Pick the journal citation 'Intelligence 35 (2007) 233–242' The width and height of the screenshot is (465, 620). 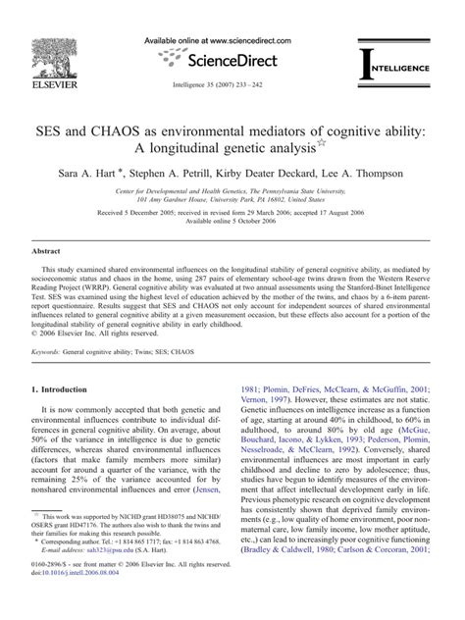[x=232, y=85]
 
